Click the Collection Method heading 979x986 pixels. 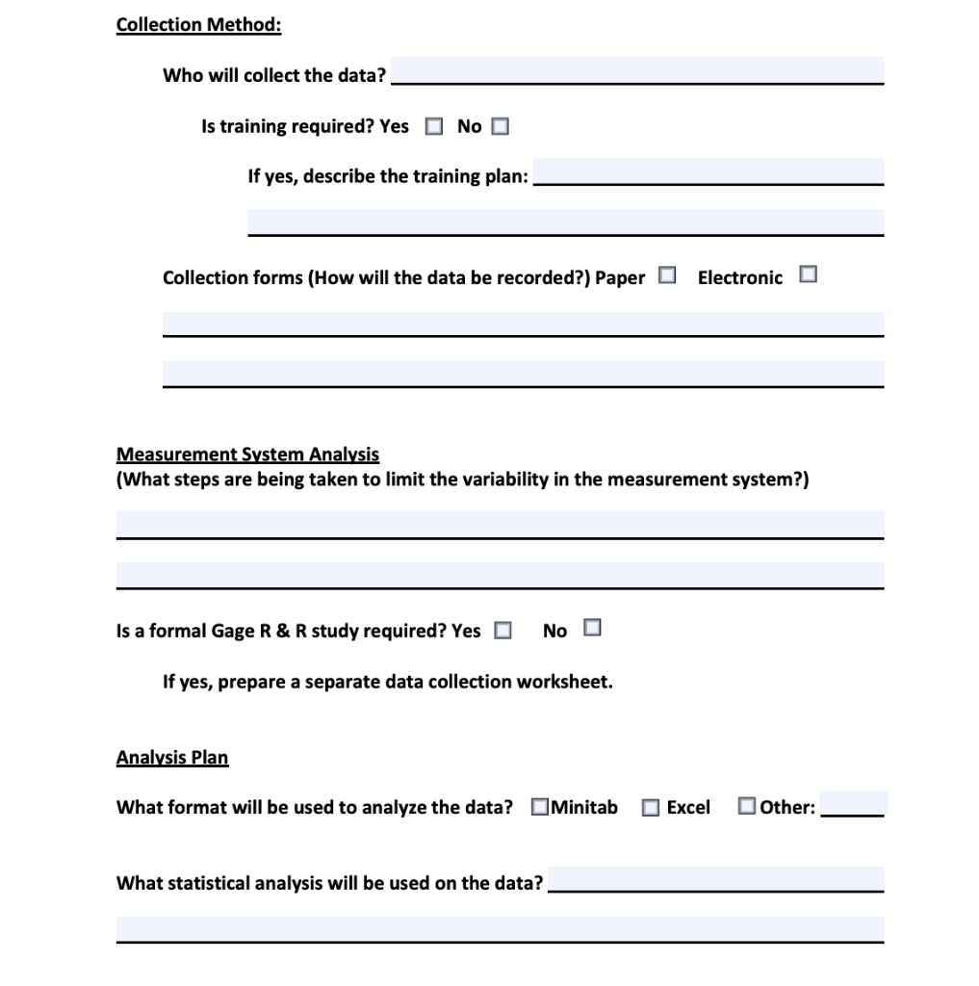pos(198,24)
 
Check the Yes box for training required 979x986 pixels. pos(434,126)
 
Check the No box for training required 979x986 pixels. pos(500,126)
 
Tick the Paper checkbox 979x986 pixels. pos(667,276)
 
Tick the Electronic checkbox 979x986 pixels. pos(808,275)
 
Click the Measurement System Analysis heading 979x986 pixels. pos(247,454)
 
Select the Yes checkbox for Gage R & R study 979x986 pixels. pos(502,631)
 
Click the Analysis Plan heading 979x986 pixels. pos(172,757)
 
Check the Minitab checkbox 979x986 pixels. pos(539,807)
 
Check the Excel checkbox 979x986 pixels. pos(651,808)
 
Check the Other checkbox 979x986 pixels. pos(747,806)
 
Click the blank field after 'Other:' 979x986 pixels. pos(852,804)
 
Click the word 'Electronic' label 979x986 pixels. pos(739,277)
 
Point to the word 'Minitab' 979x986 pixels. pos(584,807)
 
